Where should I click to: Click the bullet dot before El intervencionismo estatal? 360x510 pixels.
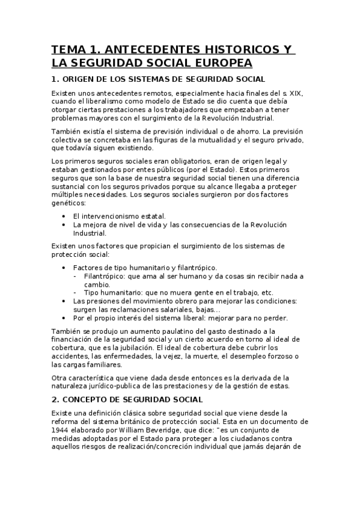pyautogui.click(x=64, y=215)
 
